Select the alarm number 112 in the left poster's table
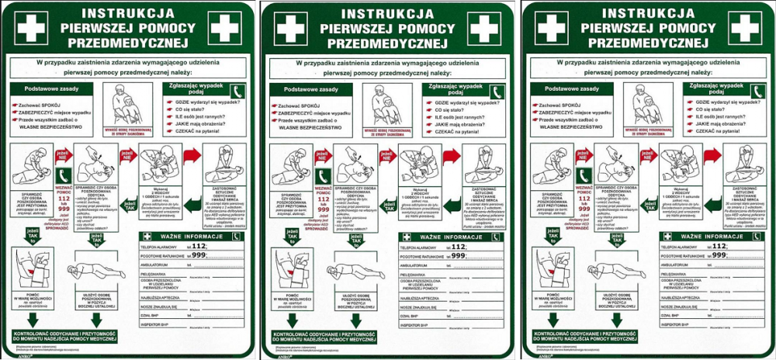pos(199,246)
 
